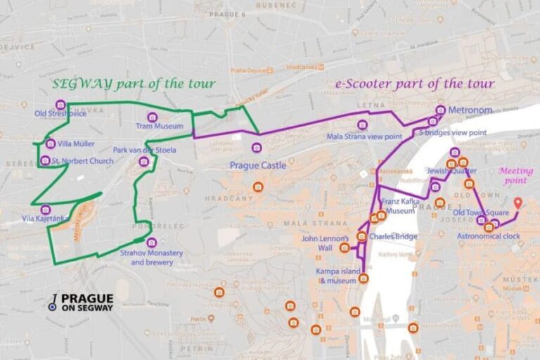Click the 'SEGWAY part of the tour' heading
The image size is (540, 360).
pos(134,84)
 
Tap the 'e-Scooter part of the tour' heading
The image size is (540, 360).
pos(414,84)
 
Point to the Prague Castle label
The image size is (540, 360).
pos(258,165)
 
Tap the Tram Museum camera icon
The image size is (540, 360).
pos(151,117)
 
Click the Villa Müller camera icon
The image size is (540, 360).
pos(50,143)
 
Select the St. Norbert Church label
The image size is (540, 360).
pos(82,161)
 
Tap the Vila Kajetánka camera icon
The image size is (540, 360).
pos(46,210)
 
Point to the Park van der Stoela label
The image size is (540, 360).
pos(144,150)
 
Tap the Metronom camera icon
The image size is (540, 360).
pos(441,110)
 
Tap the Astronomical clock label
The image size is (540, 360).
pos(489,236)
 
